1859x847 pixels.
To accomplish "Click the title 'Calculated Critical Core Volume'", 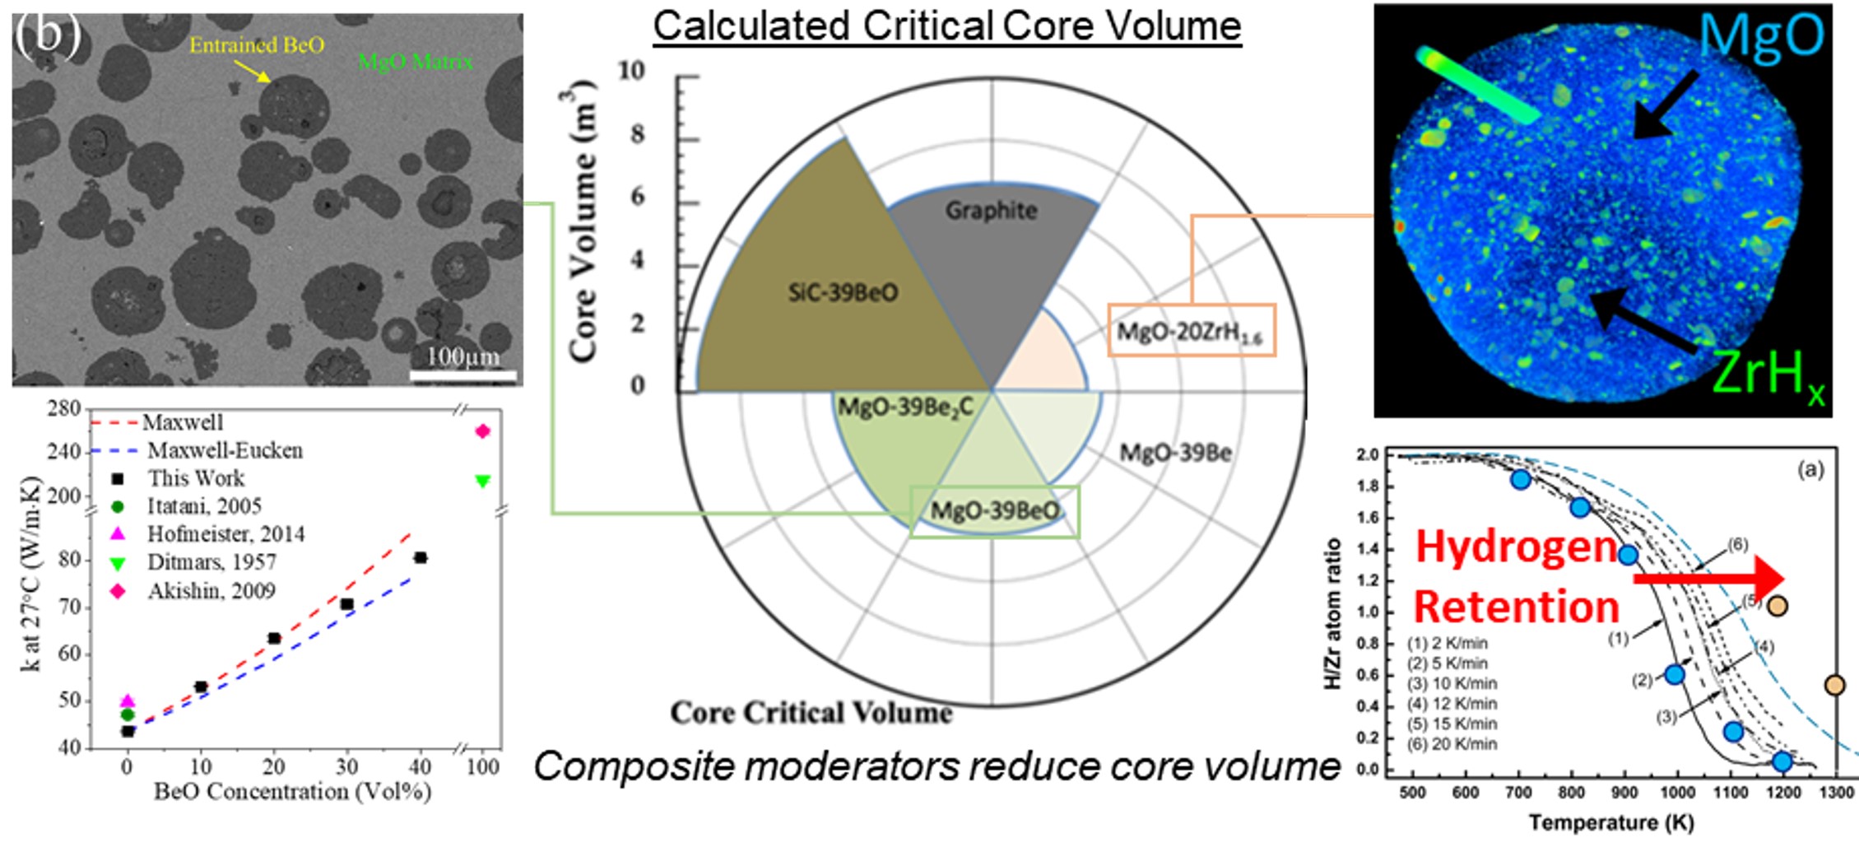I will click(946, 26).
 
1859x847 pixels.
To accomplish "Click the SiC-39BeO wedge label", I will click(843, 293).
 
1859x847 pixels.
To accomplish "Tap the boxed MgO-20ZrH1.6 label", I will click(1191, 331).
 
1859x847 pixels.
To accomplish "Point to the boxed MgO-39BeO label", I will click(994, 512).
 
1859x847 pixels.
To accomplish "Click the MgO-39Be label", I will click(1175, 453).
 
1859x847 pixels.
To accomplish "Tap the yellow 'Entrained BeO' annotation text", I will click(257, 45).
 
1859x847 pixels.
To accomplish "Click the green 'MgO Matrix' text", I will click(415, 61).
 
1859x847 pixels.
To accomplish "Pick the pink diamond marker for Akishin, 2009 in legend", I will click(119, 591).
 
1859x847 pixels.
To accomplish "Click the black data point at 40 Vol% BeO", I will click(421, 558).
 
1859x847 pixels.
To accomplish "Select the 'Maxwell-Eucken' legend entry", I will click(225, 451).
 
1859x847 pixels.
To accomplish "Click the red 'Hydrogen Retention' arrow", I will click(1708, 579).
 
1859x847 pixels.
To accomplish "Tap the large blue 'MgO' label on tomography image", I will click(1761, 36).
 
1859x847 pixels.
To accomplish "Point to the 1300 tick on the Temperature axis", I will click(1835, 793).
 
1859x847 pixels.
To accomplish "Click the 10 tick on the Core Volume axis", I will click(632, 72).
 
